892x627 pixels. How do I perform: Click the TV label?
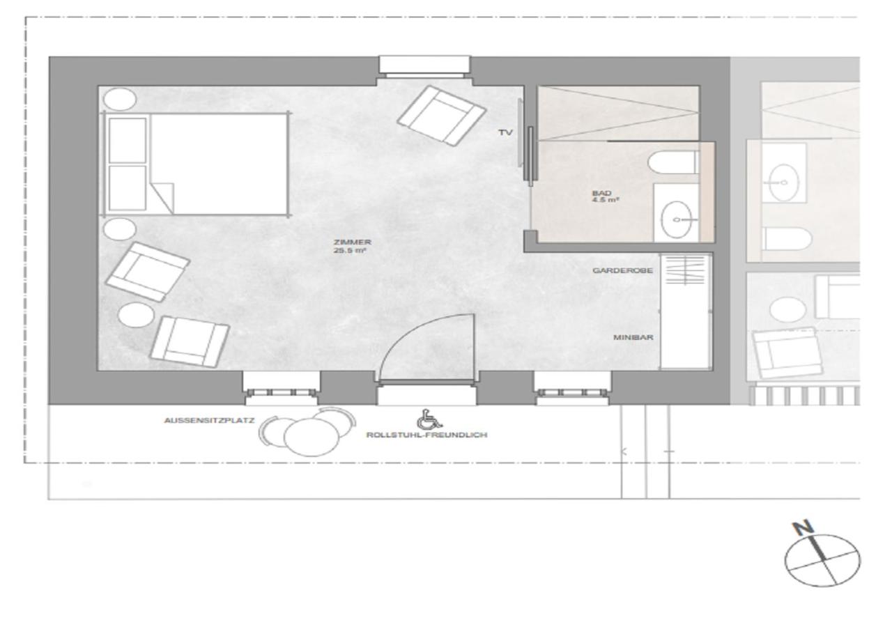(x=505, y=132)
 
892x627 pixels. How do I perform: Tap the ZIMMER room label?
(x=353, y=242)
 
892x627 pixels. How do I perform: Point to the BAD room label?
(x=601, y=193)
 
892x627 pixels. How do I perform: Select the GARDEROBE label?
(x=622, y=271)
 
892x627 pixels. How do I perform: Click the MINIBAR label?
(x=633, y=338)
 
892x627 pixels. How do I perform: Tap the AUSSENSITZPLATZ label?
(x=209, y=420)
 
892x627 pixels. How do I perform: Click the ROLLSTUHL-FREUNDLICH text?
(x=426, y=435)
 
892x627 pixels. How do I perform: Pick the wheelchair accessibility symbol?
(x=424, y=419)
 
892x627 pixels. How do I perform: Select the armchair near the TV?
(x=441, y=116)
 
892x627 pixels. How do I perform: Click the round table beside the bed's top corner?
(x=120, y=99)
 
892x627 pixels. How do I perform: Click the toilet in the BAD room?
(x=673, y=162)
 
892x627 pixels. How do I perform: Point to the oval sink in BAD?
(x=676, y=219)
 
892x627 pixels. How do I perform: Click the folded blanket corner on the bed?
(x=162, y=197)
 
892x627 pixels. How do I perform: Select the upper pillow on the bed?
(x=128, y=140)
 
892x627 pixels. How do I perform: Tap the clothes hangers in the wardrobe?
(x=685, y=270)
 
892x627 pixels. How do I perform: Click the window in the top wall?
(x=424, y=65)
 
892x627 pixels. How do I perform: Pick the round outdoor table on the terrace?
(x=312, y=438)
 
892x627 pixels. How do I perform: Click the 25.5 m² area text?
(x=350, y=251)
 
